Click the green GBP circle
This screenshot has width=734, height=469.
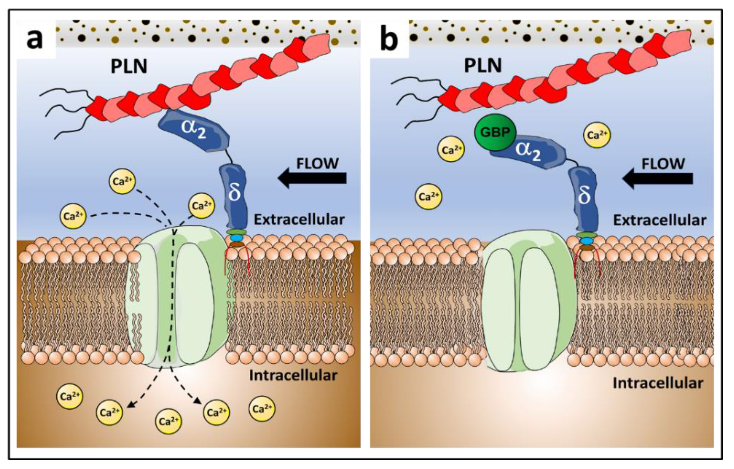tap(495, 132)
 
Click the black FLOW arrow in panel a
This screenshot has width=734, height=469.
tap(313, 178)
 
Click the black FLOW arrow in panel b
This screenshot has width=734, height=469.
tap(658, 179)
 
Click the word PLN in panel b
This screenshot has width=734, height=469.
tap(483, 65)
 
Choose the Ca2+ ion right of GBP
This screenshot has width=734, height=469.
tap(597, 135)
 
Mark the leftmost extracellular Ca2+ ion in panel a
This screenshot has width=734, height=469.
tap(73, 216)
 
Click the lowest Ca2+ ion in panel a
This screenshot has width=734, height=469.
tap(169, 421)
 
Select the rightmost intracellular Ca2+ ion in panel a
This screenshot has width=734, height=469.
tap(262, 409)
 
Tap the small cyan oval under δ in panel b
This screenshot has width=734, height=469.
tap(587, 241)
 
